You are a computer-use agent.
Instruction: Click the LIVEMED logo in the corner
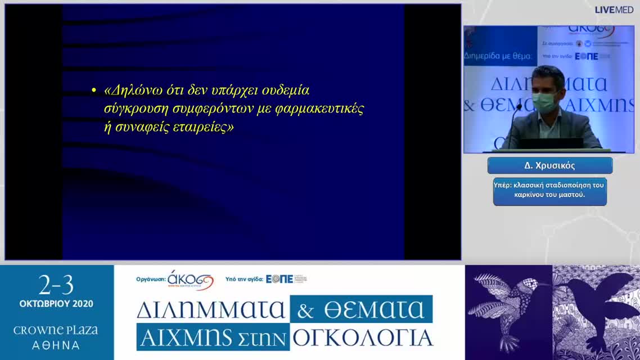(x=614, y=10)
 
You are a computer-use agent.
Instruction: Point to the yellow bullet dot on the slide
(x=94, y=91)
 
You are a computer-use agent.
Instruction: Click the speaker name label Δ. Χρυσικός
(x=549, y=165)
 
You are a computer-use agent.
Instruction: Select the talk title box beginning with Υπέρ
(x=549, y=191)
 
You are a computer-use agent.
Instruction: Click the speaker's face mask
(x=543, y=102)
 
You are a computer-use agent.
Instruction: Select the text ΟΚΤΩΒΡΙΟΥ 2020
(x=56, y=304)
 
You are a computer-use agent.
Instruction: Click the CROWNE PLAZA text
(x=56, y=330)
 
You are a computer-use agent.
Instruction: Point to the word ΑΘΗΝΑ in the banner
(x=56, y=345)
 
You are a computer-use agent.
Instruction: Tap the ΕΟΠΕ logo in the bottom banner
(x=280, y=279)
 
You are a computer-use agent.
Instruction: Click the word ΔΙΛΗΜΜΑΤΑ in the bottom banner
(x=211, y=310)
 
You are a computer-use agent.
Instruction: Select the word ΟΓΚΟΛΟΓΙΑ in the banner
(x=363, y=337)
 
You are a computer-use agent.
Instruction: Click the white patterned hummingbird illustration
(x=501, y=307)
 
